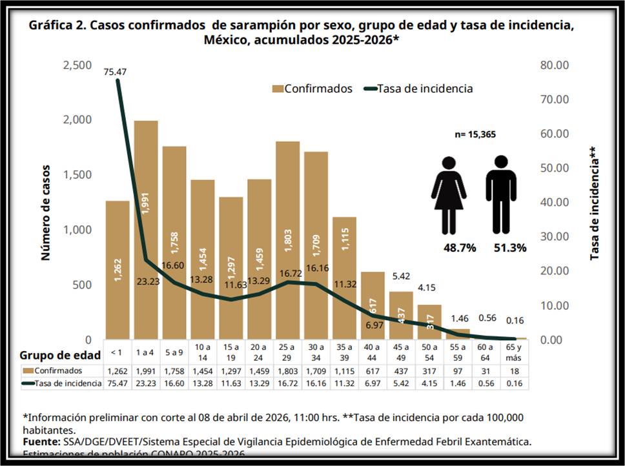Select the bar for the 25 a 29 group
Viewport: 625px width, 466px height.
(x=287, y=239)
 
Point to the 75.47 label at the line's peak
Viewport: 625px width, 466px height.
(x=115, y=72)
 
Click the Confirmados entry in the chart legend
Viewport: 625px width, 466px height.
(x=312, y=89)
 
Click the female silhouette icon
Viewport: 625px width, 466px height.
(x=449, y=194)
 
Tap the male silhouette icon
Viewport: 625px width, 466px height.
(x=500, y=194)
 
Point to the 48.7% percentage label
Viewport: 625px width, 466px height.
(x=459, y=248)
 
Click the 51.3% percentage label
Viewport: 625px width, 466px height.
(x=511, y=248)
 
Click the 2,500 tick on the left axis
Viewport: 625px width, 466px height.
(x=77, y=65)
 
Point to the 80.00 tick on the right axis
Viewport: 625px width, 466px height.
(x=553, y=65)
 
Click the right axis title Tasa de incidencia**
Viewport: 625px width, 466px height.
(x=595, y=203)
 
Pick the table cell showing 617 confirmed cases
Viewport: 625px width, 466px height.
(x=373, y=370)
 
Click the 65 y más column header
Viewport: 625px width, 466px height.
(x=515, y=354)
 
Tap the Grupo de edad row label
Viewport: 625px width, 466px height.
(x=60, y=355)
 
